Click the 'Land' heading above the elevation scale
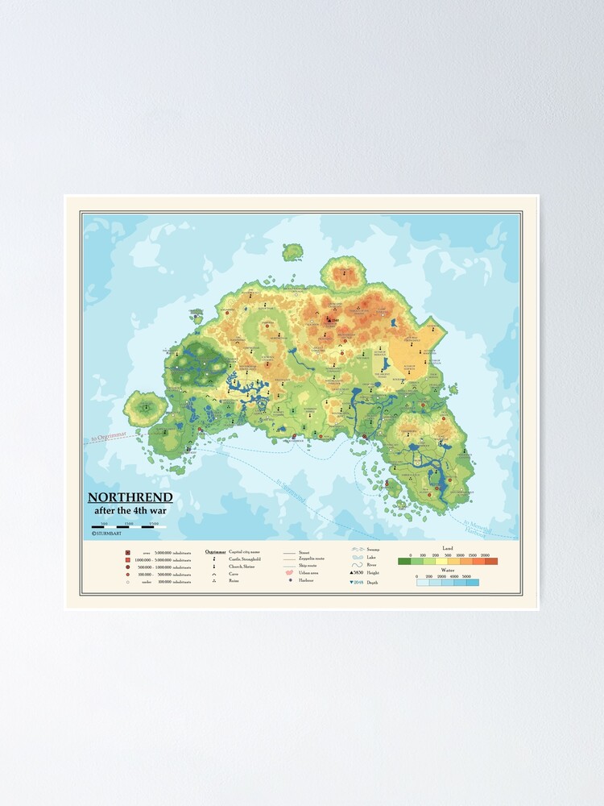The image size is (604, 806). pos(448,548)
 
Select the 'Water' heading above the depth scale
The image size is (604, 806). pos(448,570)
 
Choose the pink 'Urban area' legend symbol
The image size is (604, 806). pos(288,572)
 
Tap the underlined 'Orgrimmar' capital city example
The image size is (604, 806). pos(215,551)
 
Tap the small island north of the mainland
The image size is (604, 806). pos(292,252)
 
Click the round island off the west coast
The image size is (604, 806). pos(145,409)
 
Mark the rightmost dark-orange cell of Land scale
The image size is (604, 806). pos(491,561)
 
